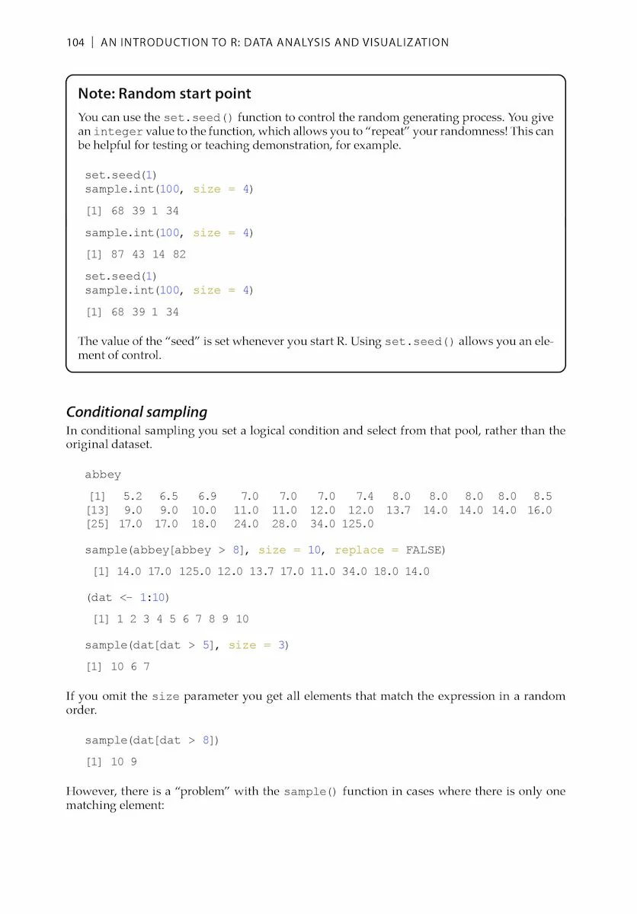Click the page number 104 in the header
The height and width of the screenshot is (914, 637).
point(75,43)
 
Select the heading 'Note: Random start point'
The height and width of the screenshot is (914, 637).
point(165,94)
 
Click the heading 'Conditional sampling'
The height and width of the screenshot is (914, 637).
point(136,412)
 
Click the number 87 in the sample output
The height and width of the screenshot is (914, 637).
point(118,254)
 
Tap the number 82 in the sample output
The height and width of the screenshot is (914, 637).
point(179,254)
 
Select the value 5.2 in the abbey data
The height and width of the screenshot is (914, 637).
point(133,497)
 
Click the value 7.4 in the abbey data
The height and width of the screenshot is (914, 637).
point(365,497)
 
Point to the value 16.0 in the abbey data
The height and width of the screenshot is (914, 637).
point(539,510)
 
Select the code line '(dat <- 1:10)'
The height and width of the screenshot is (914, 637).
point(128,598)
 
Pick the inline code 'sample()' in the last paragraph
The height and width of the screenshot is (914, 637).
point(310,792)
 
